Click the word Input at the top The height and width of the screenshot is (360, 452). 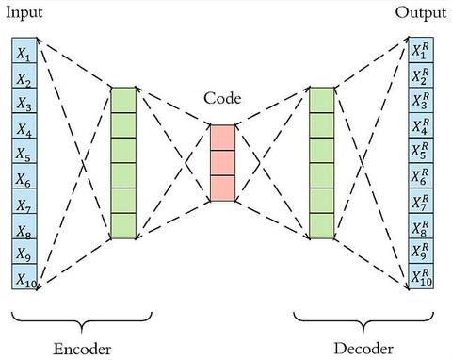click(x=25, y=14)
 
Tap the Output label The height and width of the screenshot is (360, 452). click(x=420, y=14)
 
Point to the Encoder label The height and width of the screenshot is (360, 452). click(x=75, y=349)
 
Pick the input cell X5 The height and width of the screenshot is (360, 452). click(x=24, y=153)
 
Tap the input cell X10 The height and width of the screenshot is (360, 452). click(x=24, y=277)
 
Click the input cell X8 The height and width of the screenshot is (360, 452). click(x=24, y=227)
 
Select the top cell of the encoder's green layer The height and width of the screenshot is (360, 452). click(x=123, y=100)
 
